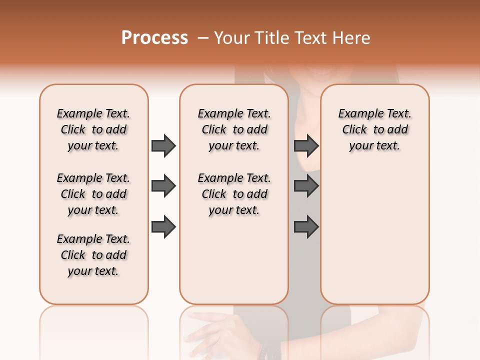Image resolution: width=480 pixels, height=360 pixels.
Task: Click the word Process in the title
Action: (x=154, y=38)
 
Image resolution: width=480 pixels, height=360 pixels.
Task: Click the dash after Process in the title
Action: (x=202, y=38)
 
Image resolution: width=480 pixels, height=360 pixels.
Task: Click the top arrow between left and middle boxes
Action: (x=163, y=145)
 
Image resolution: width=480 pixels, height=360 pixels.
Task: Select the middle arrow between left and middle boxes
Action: (x=163, y=186)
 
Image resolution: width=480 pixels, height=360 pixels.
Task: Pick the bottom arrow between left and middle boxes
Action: (x=163, y=226)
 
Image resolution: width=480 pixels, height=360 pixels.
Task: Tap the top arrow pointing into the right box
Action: (x=306, y=145)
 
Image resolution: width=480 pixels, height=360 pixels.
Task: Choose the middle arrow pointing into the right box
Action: (x=306, y=186)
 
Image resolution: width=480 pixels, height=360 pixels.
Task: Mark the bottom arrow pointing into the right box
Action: (x=306, y=226)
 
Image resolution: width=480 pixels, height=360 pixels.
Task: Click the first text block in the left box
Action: (x=93, y=129)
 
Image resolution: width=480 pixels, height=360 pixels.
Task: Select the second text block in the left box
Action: (x=93, y=194)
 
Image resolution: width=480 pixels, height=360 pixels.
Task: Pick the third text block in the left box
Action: (x=93, y=255)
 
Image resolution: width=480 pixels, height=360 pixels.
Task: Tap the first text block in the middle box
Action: (x=234, y=129)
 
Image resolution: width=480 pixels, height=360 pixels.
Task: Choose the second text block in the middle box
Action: (x=234, y=194)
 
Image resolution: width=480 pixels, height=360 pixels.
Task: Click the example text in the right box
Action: (x=374, y=129)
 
